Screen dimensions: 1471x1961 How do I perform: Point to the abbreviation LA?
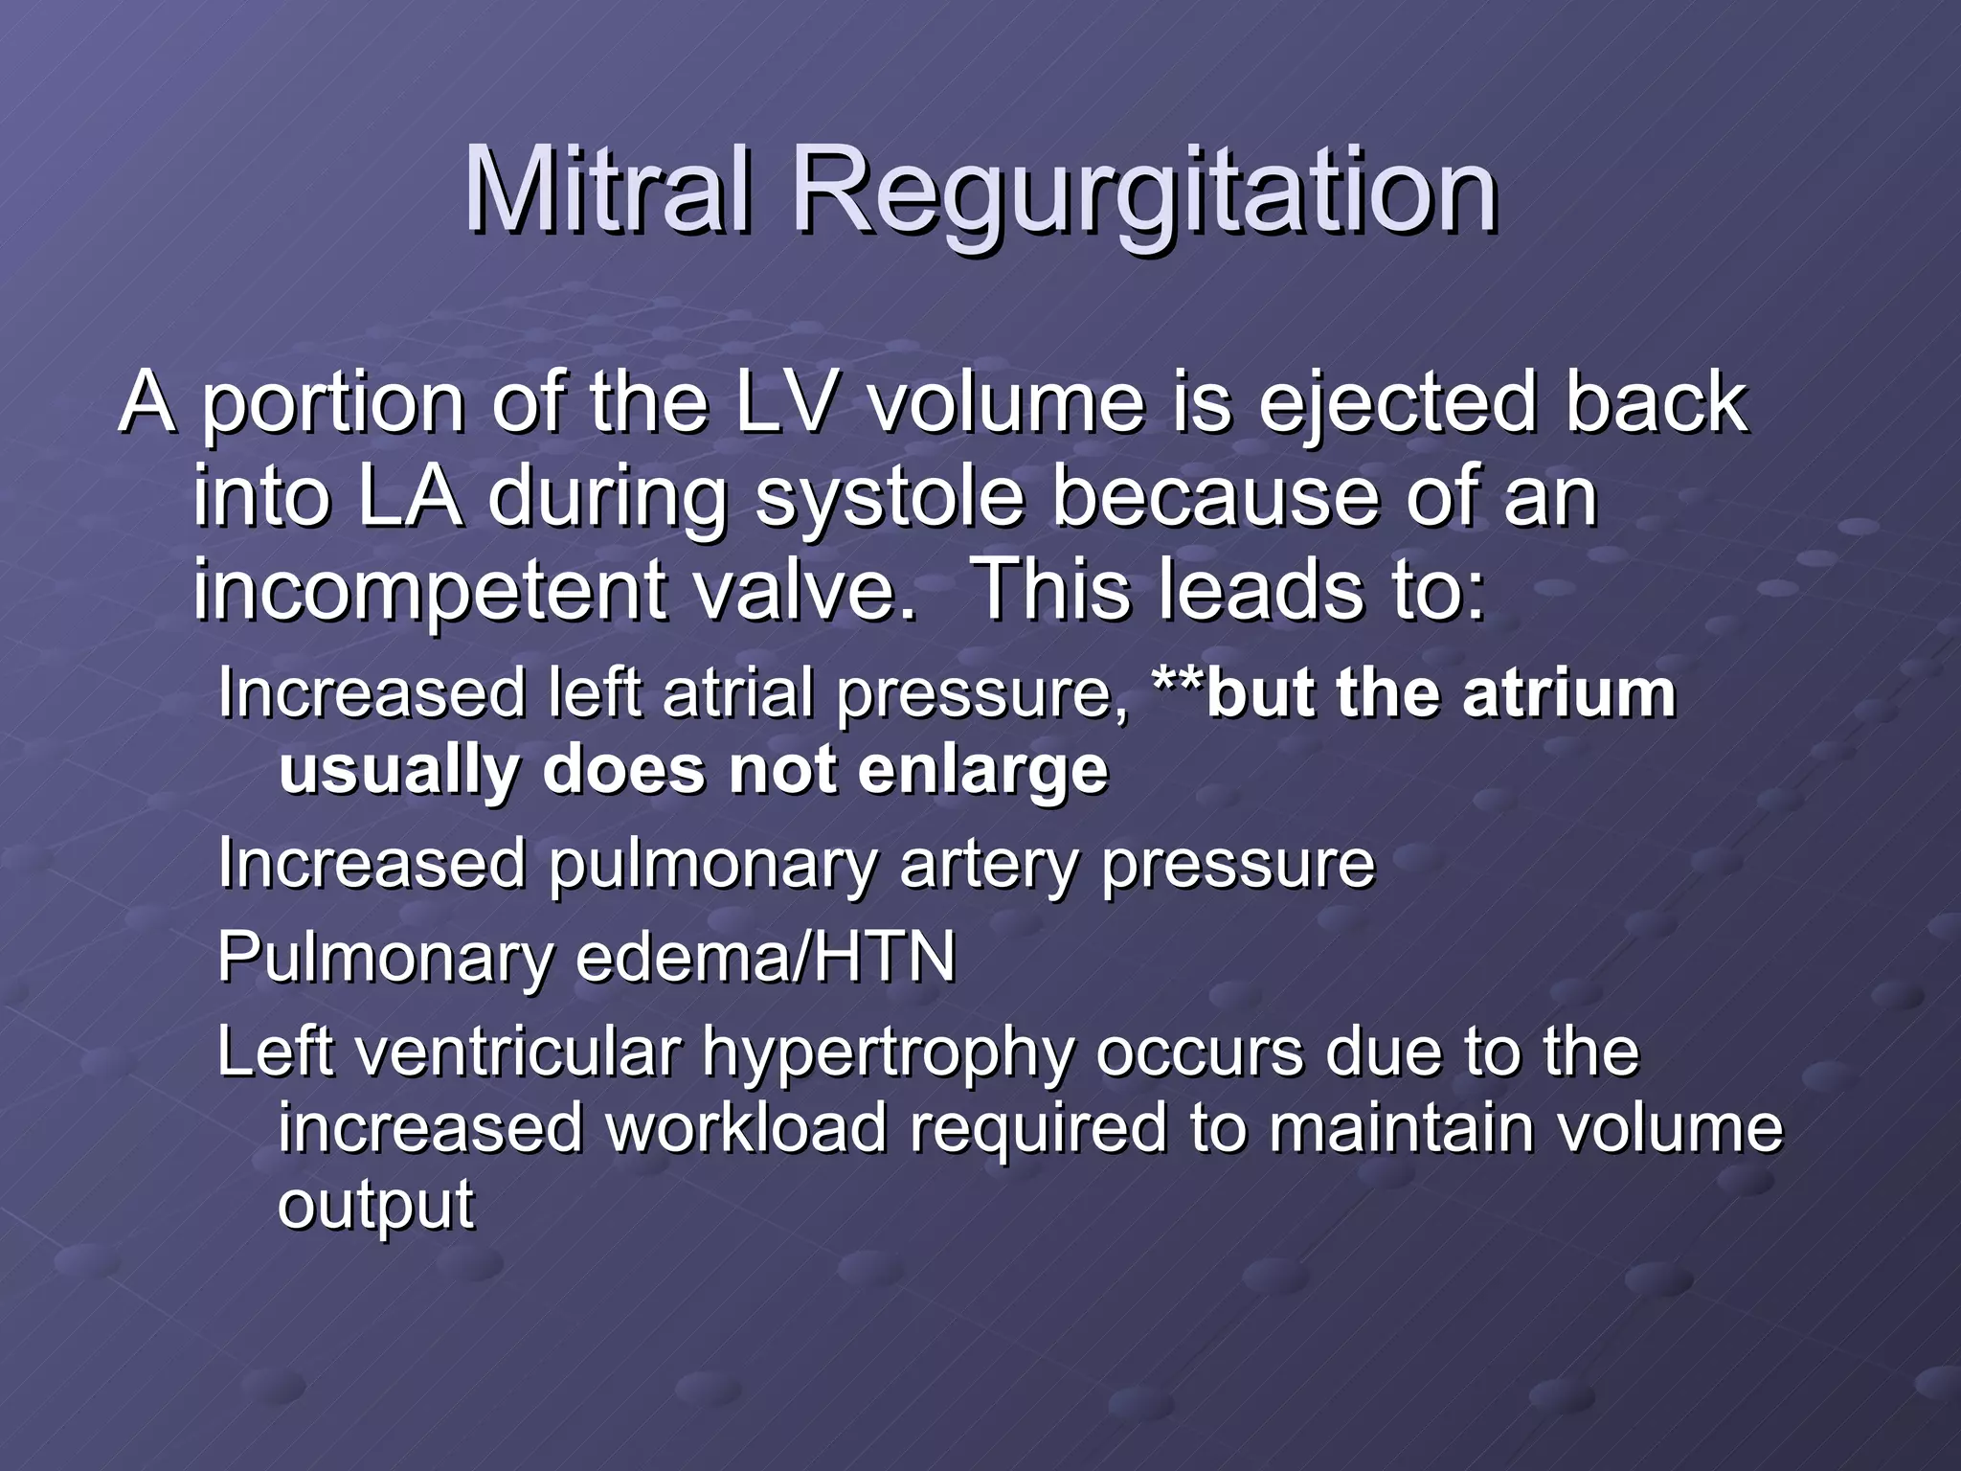(x=411, y=497)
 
